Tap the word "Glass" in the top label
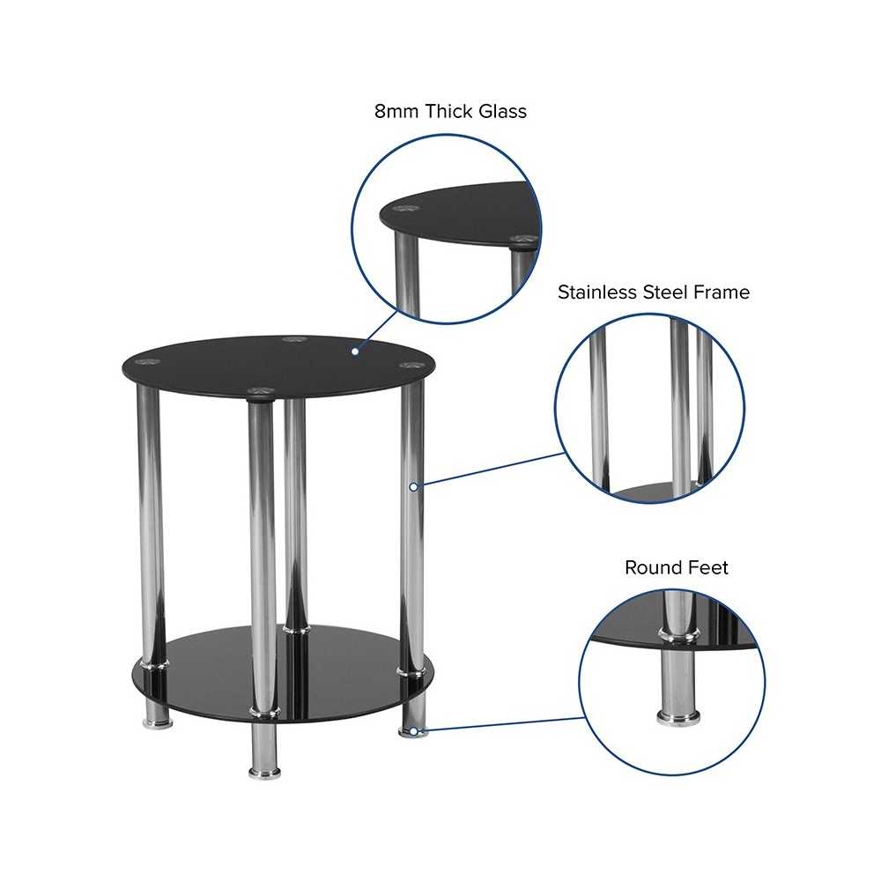pos(503,111)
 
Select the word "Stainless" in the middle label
pos(597,292)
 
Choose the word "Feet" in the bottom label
pos(707,567)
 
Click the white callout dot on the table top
pos(355,352)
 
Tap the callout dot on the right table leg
pos(413,487)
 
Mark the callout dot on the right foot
pos(413,731)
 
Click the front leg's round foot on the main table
pos(264,773)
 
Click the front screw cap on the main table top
pos(260,392)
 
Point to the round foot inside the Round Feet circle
pos(678,715)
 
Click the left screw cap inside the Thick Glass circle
pos(404,209)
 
